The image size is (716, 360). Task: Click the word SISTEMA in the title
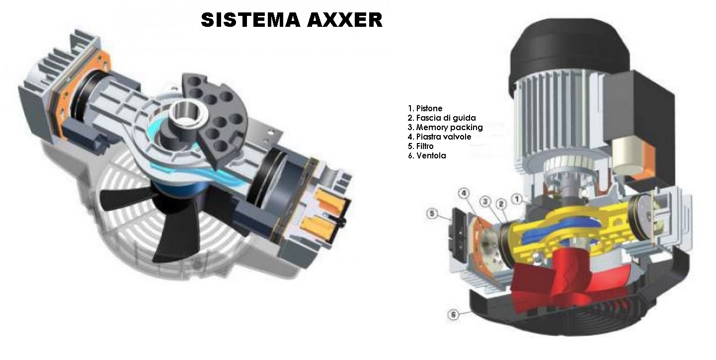tap(250, 20)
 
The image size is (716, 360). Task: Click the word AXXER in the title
tap(344, 20)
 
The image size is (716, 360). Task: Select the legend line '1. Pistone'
tap(425, 108)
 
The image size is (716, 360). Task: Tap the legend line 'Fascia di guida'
tap(442, 118)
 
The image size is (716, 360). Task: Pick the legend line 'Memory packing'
tap(445, 128)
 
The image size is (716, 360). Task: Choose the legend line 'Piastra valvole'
tap(440, 137)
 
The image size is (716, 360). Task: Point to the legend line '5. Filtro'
tap(421, 146)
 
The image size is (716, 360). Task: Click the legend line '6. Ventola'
tap(427, 155)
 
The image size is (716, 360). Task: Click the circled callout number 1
tap(517, 199)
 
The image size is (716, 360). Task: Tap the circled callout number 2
tap(501, 204)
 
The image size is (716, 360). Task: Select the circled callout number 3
tap(485, 202)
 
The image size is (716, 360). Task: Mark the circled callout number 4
tap(464, 193)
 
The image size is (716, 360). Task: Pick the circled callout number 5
tap(432, 214)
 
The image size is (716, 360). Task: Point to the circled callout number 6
tap(453, 315)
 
